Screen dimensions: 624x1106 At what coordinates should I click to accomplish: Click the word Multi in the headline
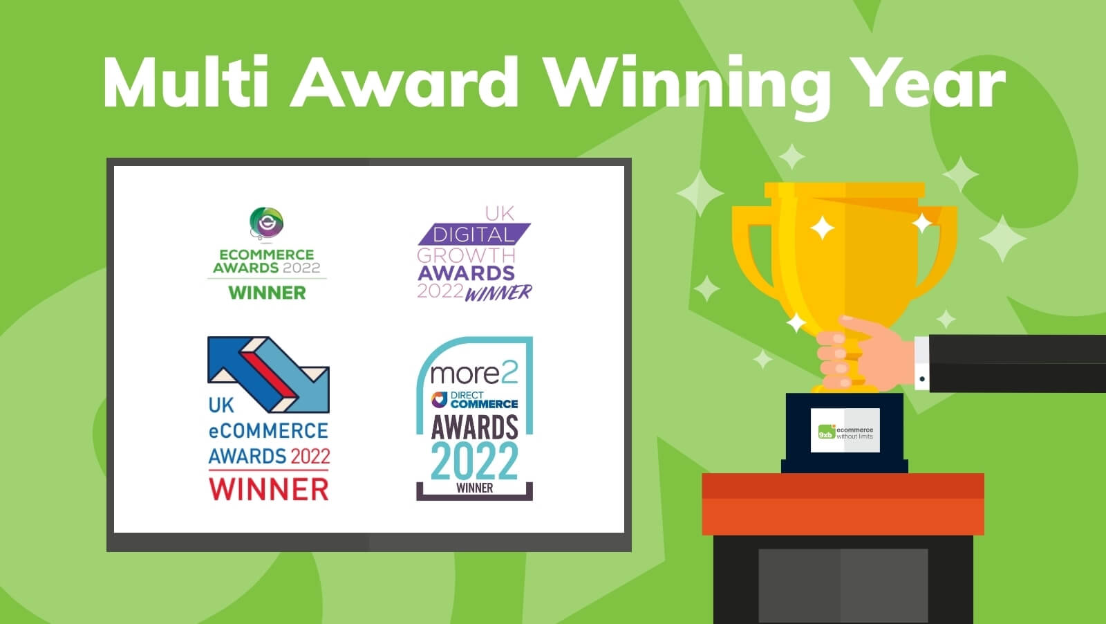pyautogui.click(x=186, y=82)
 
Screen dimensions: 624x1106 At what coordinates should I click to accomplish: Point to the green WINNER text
pyautogui.click(x=267, y=293)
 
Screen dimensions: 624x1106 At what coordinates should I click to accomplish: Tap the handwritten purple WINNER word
pyautogui.click(x=498, y=293)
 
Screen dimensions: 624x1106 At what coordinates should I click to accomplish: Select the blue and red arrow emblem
pyautogui.click(x=268, y=374)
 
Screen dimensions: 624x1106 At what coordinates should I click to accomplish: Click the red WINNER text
pyautogui.click(x=269, y=489)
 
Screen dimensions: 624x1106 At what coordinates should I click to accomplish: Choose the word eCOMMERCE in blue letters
pyautogui.click(x=268, y=431)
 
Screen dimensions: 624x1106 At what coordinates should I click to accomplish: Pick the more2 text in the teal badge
pyautogui.click(x=474, y=374)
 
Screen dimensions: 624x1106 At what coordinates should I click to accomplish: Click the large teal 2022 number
pyautogui.click(x=474, y=461)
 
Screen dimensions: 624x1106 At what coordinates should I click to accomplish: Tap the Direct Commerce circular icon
pyautogui.click(x=439, y=399)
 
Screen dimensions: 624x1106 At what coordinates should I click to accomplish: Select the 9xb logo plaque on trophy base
pyautogui.click(x=845, y=430)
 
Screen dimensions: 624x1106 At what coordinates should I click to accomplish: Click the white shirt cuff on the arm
pyautogui.click(x=921, y=363)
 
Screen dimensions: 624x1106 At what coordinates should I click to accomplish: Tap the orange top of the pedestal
pyautogui.click(x=843, y=486)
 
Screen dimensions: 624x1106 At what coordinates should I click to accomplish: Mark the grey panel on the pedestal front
pyautogui.click(x=843, y=585)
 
